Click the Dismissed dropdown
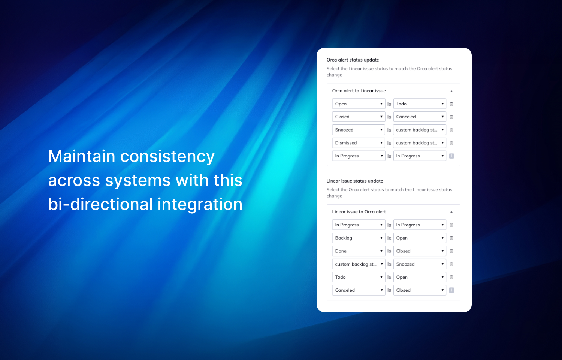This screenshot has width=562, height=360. coord(359,143)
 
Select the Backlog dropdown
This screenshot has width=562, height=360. coord(359,238)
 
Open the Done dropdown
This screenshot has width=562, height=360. coord(359,251)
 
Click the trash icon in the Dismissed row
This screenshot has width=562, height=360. coord(451,143)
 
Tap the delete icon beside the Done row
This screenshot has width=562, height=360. coord(451,251)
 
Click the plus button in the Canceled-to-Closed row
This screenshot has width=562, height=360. coord(451,290)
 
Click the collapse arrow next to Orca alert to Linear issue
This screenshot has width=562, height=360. coord(451,91)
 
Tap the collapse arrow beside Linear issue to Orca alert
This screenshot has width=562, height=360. coord(451,212)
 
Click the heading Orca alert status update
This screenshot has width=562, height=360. coord(353,60)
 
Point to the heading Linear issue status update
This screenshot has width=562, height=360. coord(354,181)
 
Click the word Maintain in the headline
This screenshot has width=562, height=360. coord(82,156)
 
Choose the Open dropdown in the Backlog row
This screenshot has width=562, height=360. coord(420,238)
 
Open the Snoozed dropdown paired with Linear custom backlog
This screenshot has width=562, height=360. coord(420,264)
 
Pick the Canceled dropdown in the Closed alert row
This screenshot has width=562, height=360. coord(420,117)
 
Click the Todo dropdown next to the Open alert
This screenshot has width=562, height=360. coord(420,103)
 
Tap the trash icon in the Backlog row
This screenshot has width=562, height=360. coord(451,238)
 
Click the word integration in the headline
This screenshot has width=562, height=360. coord(200,204)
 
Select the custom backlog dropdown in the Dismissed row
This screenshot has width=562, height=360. coord(420,143)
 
